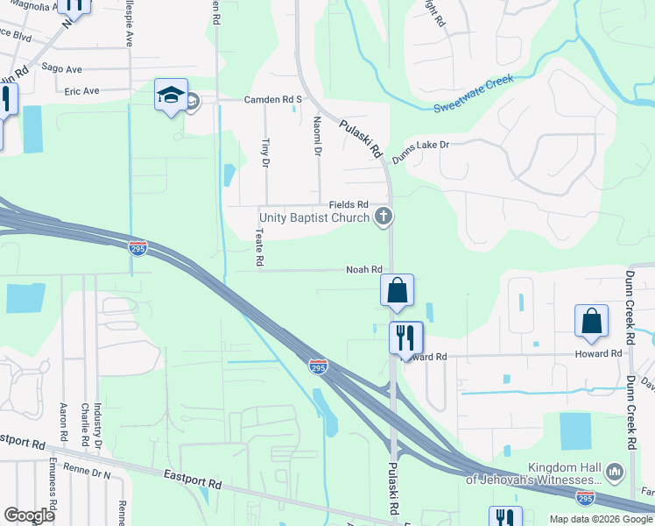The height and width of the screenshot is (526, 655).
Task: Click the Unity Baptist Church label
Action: [314, 217]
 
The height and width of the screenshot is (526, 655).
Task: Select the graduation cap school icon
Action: [170, 97]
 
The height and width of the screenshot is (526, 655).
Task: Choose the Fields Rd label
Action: [348, 204]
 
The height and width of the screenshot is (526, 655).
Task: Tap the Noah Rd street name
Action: [364, 270]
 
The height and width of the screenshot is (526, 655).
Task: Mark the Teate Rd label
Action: [259, 248]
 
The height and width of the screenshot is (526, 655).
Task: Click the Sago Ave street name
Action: [67, 69]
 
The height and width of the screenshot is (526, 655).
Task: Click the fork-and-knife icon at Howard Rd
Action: [405, 338]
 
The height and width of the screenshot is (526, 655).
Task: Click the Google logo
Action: [29, 515]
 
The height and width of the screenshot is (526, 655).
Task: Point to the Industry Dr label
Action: [98, 422]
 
